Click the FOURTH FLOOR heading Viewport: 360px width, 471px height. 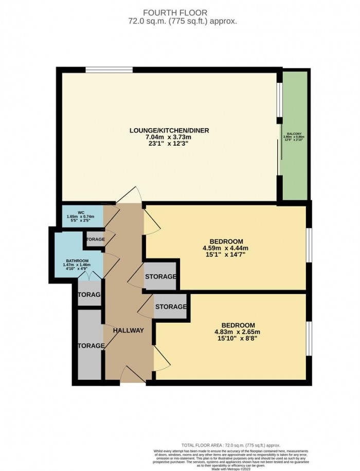179,12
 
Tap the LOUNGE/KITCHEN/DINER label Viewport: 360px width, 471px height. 169,130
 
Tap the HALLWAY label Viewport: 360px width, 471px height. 129,330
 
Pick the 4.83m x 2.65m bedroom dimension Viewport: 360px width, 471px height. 238,332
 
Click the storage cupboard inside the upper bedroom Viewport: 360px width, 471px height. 161,277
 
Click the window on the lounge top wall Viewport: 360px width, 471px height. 109,70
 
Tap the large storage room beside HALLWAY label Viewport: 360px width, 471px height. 89,345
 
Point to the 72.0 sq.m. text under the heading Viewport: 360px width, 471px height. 179,22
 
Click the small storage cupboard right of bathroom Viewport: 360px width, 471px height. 95,240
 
